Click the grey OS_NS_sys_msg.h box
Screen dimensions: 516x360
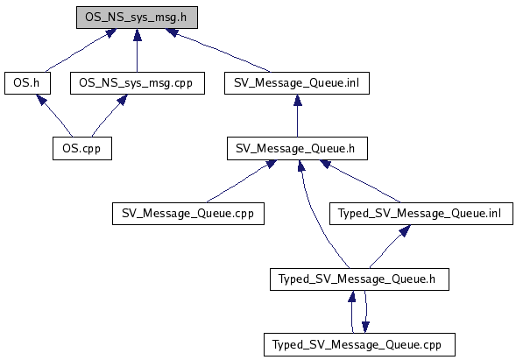pyautogui.click(x=137, y=18)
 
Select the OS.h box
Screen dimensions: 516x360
pyautogui.click(x=27, y=83)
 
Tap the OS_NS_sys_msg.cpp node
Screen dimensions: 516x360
pyautogui.click(x=138, y=83)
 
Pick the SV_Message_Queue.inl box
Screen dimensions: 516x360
pyautogui.click(x=297, y=83)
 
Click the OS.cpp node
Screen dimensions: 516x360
pyautogui.click(x=82, y=148)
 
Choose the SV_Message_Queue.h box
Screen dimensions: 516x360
pyautogui.click(x=297, y=148)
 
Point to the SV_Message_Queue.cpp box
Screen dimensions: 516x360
pyautogui.click(x=188, y=214)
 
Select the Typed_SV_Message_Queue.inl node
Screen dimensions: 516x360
pyautogui.click(x=421, y=214)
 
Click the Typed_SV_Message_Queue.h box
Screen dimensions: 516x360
pyautogui.click(x=359, y=279)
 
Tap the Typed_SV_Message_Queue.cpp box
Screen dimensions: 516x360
pyautogui.click(x=359, y=344)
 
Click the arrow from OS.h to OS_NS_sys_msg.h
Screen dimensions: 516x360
pyautogui.click(x=81, y=50)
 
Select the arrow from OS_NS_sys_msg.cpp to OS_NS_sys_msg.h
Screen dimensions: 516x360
pyautogui.click(x=138, y=50)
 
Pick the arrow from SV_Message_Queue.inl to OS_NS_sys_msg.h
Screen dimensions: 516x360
pyautogui.click(x=217, y=50)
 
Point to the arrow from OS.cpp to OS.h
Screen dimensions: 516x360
pyautogui.click(x=54, y=116)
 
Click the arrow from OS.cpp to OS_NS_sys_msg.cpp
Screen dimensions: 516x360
pyautogui.click(x=110, y=116)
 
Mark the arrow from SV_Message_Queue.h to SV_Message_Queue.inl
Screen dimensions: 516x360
pyautogui.click(x=298, y=116)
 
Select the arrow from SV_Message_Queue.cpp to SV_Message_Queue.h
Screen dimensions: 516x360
pyautogui.click(x=241, y=181)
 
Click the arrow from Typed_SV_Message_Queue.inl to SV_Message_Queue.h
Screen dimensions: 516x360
pyautogui.click(x=360, y=181)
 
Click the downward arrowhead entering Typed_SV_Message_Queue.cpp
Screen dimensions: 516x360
pyautogui.click(x=365, y=327)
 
